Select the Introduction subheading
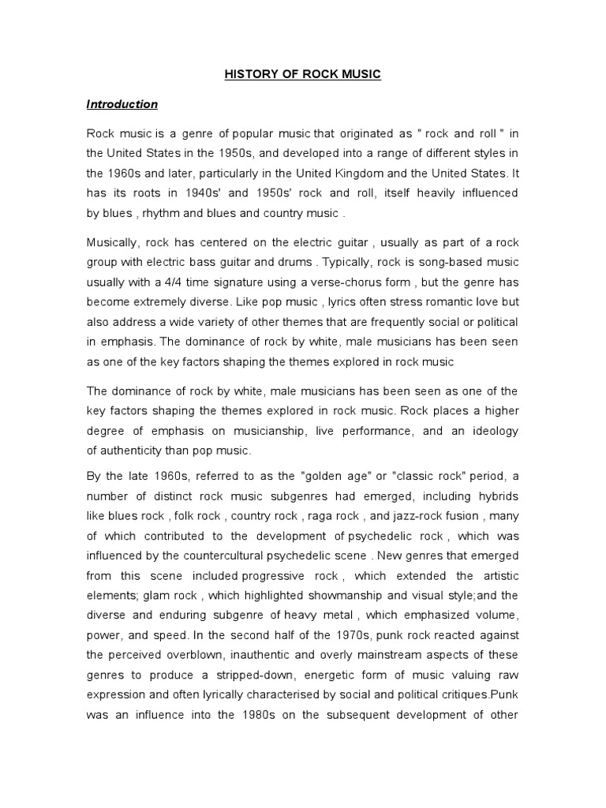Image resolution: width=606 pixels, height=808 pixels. tap(122, 104)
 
